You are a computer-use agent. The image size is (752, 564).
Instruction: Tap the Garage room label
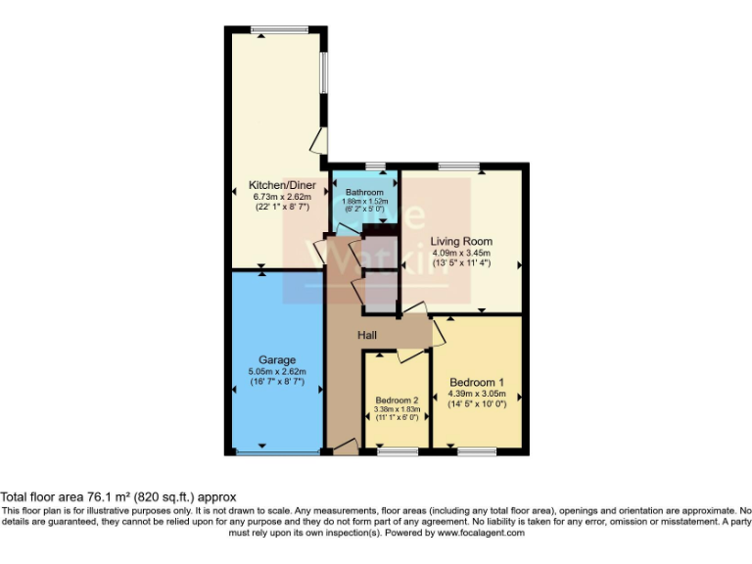click(x=277, y=360)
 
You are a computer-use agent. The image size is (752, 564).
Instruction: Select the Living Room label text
click(x=461, y=241)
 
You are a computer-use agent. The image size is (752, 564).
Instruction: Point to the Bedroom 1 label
click(x=477, y=382)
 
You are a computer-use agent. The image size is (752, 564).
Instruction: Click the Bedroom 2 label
click(x=397, y=400)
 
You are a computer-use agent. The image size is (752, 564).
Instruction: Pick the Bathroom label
click(x=363, y=192)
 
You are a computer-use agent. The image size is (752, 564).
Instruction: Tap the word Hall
click(x=368, y=336)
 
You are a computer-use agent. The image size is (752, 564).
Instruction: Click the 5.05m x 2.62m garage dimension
click(x=277, y=372)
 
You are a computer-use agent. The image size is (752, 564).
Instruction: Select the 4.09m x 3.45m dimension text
click(x=462, y=252)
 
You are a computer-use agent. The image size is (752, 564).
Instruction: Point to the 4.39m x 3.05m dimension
click(x=477, y=394)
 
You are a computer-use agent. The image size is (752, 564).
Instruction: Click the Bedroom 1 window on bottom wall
click(x=477, y=451)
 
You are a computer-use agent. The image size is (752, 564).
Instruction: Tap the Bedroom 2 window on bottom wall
click(x=397, y=451)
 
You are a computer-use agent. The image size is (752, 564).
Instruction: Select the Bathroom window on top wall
click(x=374, y=166)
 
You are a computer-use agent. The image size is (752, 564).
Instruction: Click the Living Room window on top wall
click(x=458, y=166)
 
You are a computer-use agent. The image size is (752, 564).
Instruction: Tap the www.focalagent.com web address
click(x=481, y=534)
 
